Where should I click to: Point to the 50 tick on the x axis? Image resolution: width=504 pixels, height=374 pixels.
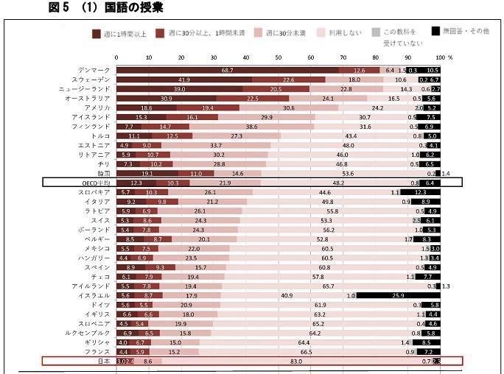click(x=279, y=57)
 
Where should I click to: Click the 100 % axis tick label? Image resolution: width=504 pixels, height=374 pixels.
click(x=444, y=57)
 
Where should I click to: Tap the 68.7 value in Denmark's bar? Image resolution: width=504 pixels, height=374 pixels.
click(x=228, y=70)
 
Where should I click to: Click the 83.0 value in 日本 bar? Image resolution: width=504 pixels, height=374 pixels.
click(x=296, y=361)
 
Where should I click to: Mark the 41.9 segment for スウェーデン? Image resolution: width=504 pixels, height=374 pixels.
click(x=184, y=80)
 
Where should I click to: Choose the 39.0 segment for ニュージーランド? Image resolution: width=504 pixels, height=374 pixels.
click(x=179, y=88)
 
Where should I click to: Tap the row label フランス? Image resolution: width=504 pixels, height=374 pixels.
click(x=97, y=351)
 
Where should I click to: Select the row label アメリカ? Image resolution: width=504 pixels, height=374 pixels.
click(x=97, y=107)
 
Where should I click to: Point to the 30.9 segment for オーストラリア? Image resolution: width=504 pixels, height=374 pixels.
click(x=167, y=98)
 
